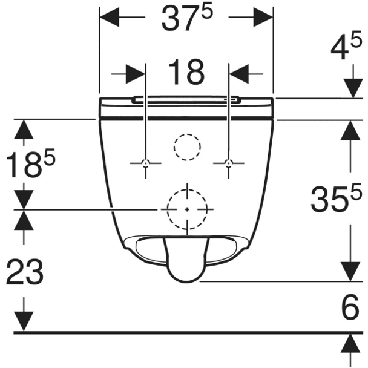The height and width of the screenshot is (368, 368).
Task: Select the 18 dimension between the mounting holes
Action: coord(186,72)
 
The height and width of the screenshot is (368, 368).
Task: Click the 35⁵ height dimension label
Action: coord(336,197)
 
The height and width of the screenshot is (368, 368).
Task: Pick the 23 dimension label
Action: coord(25,271)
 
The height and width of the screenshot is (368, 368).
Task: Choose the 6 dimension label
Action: coord(350,306)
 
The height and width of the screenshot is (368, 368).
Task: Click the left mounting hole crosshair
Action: coord(146,163)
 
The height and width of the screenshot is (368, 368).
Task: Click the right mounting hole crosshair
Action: coord(229,163)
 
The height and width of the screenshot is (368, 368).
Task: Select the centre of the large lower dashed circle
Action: coord(187,209)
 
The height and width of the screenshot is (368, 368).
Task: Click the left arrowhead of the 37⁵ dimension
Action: coord(110,17)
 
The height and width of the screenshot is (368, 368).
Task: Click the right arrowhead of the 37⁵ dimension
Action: coord(263,17)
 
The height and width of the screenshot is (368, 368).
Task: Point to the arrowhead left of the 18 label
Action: coord(136,74)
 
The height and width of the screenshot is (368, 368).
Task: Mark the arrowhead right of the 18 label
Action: coord(239,74)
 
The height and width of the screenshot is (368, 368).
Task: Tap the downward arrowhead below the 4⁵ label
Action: coord(353,88)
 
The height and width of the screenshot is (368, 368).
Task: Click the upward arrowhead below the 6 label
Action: coord(350,343)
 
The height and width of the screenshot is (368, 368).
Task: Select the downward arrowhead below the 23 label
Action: coord(24,321)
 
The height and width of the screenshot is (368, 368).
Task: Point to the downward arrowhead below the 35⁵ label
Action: coord(350,272)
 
